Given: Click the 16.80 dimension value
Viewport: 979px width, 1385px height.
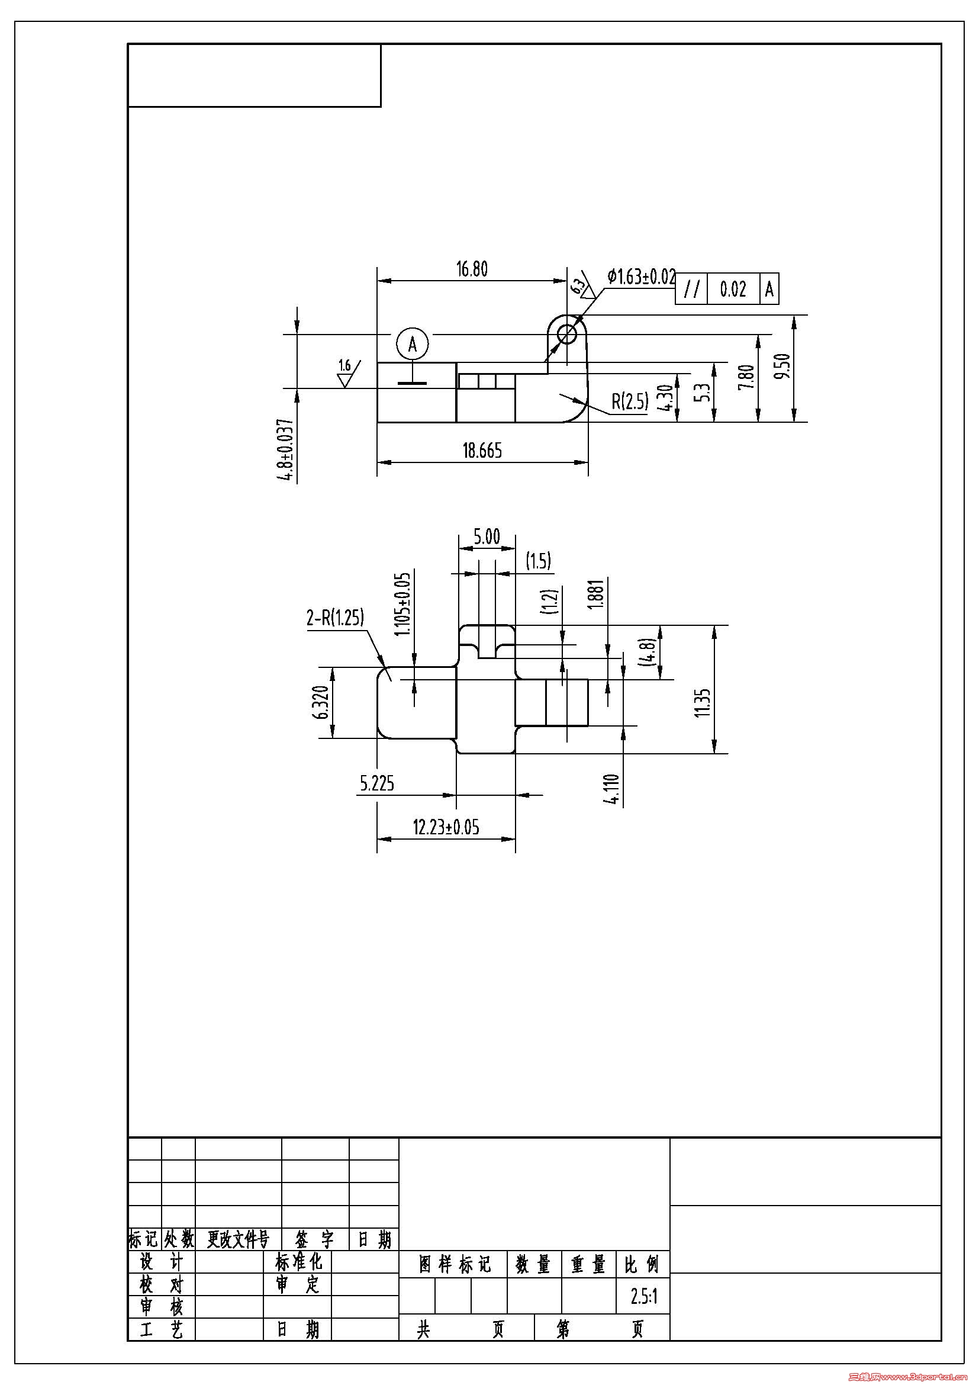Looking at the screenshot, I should click(471, 269).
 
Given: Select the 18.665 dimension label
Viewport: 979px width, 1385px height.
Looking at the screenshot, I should click(482, 451).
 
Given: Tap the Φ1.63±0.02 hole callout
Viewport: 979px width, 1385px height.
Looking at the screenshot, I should click(642, 277).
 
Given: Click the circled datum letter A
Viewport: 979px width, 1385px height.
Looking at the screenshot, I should click(413, 344).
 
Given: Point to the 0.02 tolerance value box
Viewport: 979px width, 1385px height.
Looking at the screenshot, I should click(732, 290).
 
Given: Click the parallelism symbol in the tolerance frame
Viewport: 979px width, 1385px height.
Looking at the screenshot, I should click(691, 290).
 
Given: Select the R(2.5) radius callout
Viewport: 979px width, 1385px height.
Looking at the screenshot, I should click(630, 401).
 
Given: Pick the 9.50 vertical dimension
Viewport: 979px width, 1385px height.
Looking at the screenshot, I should click(783, 367).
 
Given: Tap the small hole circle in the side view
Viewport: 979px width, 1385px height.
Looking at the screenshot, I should click(566, 333).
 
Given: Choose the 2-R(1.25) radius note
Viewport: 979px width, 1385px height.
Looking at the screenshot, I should click(336, 617).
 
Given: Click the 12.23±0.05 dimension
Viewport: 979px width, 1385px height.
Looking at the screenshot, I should click(446, 827).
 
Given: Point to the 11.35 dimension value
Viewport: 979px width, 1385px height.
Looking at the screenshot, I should click(704, 702).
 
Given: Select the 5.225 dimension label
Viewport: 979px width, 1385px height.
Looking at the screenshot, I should click(377, 783).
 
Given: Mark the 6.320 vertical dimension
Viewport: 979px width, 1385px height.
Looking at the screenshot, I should click(323, 702).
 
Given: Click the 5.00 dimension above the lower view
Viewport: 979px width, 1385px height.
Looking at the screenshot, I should click(487, 537).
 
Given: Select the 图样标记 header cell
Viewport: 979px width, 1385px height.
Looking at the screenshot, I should click(455, 1264).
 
